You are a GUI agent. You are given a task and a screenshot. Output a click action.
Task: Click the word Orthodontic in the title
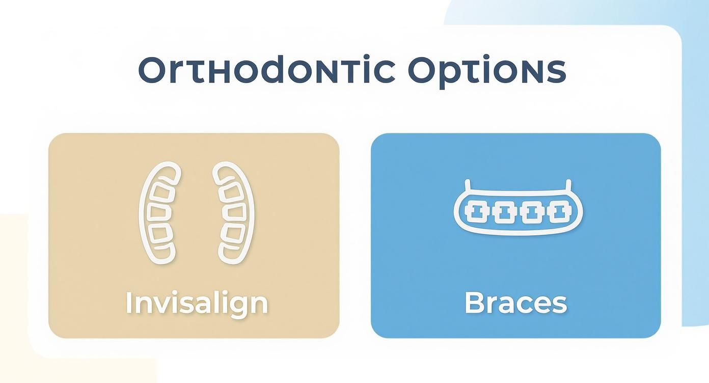click(266, 70)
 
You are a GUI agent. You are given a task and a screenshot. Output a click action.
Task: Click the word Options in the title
click(487, 71)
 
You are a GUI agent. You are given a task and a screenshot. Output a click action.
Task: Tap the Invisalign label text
click(197, 303)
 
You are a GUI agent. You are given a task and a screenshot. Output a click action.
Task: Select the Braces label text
click(515, 303)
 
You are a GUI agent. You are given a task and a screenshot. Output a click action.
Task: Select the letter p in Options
click(443, 74)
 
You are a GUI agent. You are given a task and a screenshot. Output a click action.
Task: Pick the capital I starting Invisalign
click(129, 303)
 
